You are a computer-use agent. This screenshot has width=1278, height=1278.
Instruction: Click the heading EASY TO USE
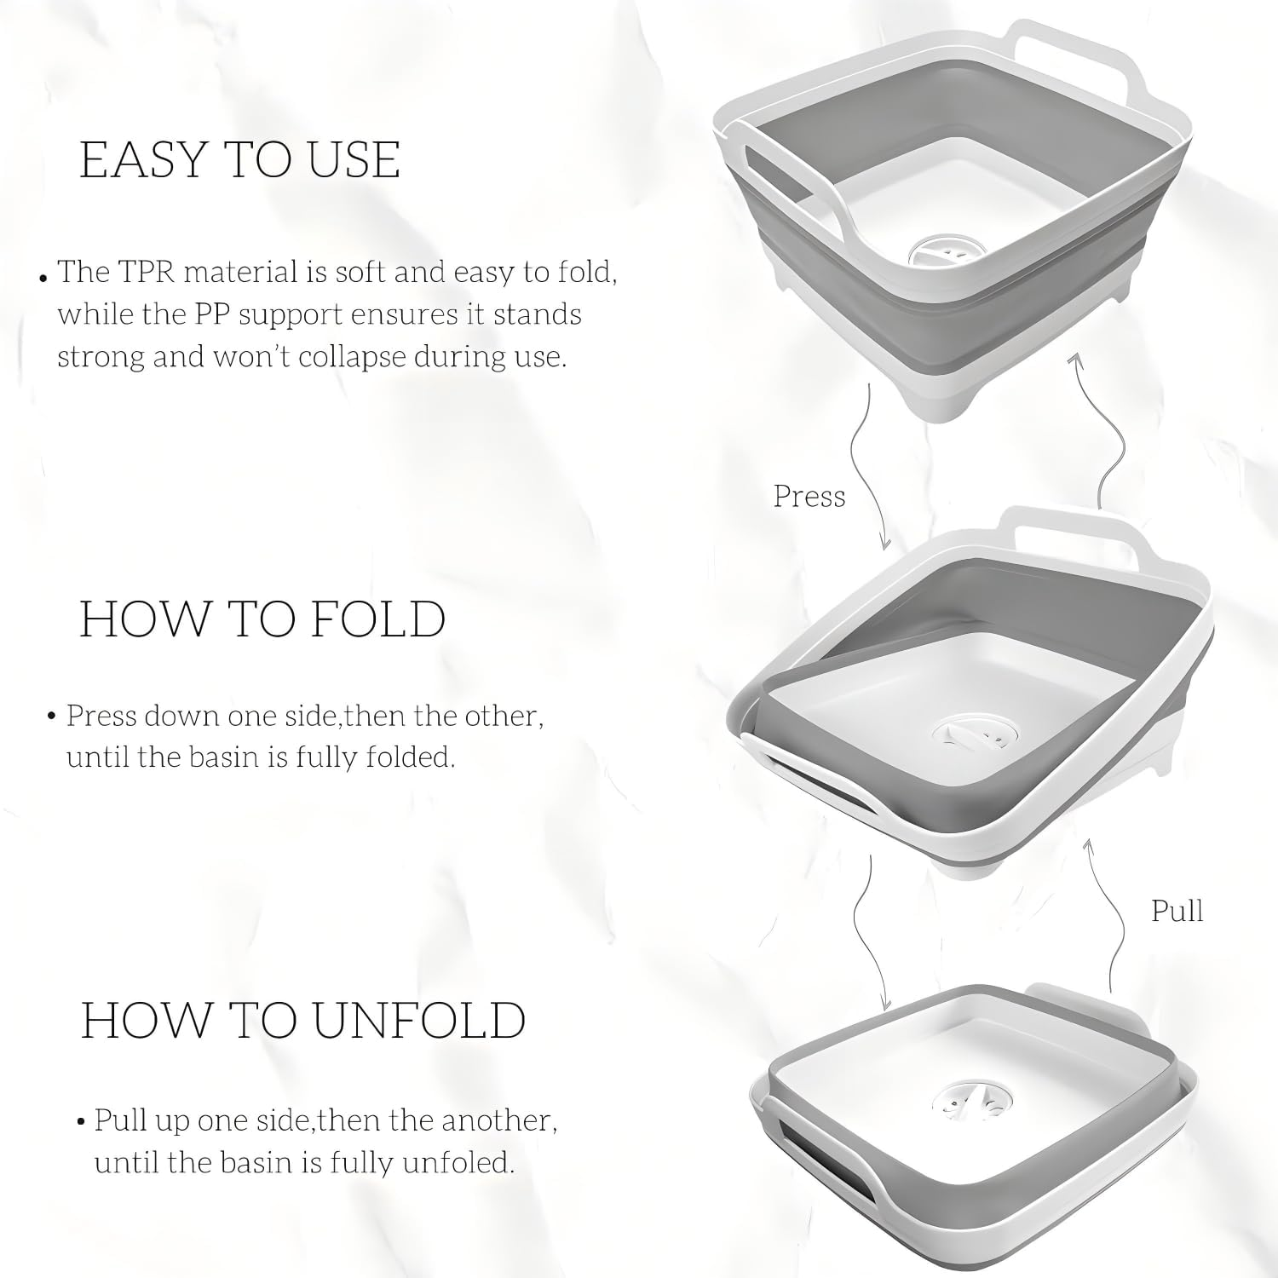pyautogui.click(x=240, y=159)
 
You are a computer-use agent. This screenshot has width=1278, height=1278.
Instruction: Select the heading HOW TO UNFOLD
pyautogui.click(x=303, y=1020)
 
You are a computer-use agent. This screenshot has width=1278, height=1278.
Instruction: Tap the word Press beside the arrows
pyautogui.click(x=809, y=496)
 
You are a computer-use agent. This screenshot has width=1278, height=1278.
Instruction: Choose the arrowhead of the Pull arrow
pyautogui.click(x=1086, y=845)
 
